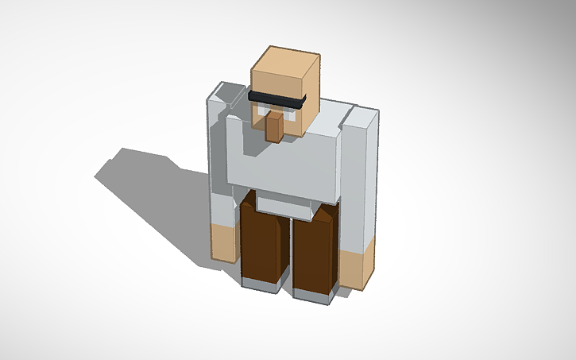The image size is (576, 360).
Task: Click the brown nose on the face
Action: (x=274, y=127)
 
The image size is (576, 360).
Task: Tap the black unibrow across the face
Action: (x=276, y=100)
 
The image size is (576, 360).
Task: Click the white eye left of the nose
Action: (x=259, y=112)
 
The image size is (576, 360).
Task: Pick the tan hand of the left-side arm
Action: (x=225, y=243)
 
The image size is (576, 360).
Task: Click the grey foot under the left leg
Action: (x=260, y=285)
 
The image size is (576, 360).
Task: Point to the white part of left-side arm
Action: (x=222, y=167)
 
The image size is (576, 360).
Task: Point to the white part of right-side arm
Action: (x=358, y=183)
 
